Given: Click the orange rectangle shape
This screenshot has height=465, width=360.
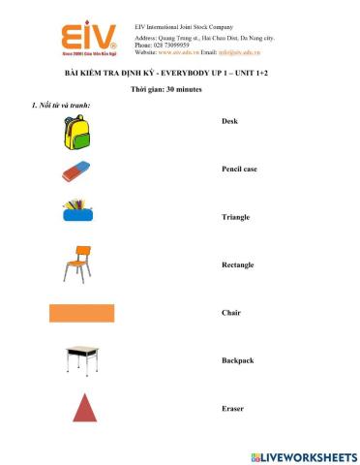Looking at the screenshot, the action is click(x=81, y=312).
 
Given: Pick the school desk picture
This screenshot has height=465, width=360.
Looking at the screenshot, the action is click(x=81, y=360).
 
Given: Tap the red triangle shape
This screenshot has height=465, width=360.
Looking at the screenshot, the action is click(x=85, y=408).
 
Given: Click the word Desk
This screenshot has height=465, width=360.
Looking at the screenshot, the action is click(x=229, y=122).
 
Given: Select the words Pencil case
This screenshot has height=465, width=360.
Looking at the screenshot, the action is click(x=239, y=170).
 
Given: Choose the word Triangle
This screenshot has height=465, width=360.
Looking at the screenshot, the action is click(x=235, y=217).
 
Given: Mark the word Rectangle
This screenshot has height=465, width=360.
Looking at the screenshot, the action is click(x=237, y=264).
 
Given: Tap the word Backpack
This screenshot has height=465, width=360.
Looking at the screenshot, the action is click(x=237, y=360).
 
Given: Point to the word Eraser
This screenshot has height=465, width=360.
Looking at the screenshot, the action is click(x=232, y=408).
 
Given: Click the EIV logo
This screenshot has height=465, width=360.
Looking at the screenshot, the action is click(x=89, y=42).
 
